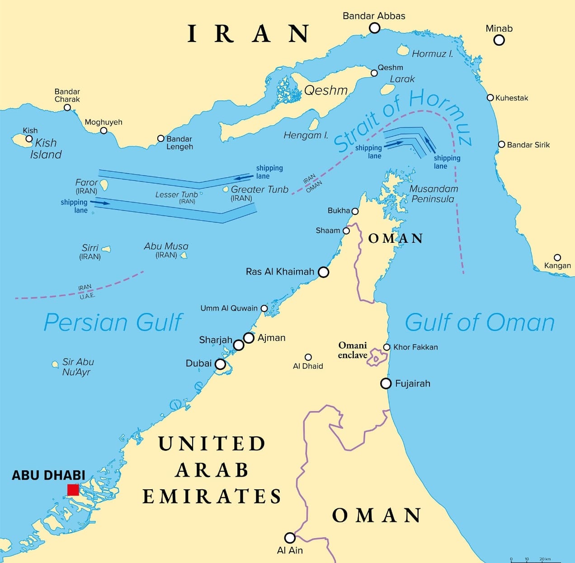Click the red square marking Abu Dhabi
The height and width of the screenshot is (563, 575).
[73, 490]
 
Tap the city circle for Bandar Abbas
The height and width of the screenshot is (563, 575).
[374, 28]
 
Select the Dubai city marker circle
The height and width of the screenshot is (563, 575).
[220, 364]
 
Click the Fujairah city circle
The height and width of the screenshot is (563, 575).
[386, 383]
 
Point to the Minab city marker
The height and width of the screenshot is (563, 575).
[499, 40]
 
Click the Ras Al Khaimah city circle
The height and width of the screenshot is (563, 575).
[323, 272]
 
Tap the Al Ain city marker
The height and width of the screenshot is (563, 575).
[290, 538]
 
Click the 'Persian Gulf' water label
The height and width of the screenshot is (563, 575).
[113, 322]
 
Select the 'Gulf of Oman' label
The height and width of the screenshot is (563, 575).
[479, 322]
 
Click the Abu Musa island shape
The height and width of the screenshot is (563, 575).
[184, 256]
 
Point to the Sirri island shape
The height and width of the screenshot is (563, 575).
[106, 249]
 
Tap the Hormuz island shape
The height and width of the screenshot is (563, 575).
[403, 49]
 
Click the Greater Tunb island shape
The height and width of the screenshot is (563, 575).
[226, 189]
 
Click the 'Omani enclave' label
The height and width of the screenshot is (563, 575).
[353, 350]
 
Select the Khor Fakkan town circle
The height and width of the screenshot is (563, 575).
[386, 347]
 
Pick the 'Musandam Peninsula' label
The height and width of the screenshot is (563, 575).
[433, 194]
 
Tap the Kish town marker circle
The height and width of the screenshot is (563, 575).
[29, 139]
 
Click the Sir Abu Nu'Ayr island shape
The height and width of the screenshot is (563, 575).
[55, 364]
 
